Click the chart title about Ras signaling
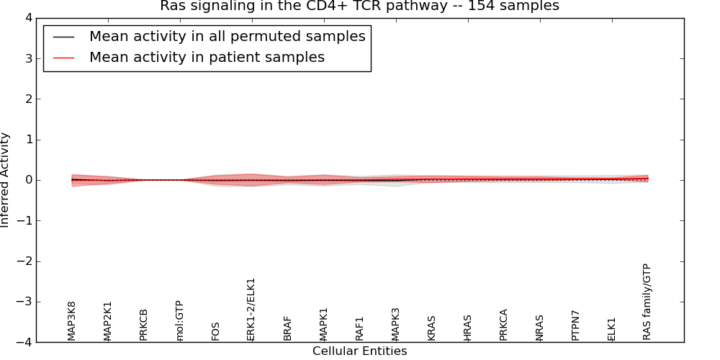(x=359, y=6)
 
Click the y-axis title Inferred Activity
(x=6, y=180)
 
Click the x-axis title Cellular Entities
(x=359, y=351)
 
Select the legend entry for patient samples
(x=207, y=58)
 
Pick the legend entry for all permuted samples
(x=227, y=37)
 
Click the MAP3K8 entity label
(x=71, y=320)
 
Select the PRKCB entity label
(x=143, y=324)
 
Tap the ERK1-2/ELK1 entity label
(x=251, y=310)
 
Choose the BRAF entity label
(x=287, y=328)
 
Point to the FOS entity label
(x=215, y=330)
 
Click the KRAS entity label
(x=431, y=328)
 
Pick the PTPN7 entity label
(x=575, y=325)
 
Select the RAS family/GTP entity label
(x=647, y=302)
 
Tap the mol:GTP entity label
(x=179, y=320)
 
